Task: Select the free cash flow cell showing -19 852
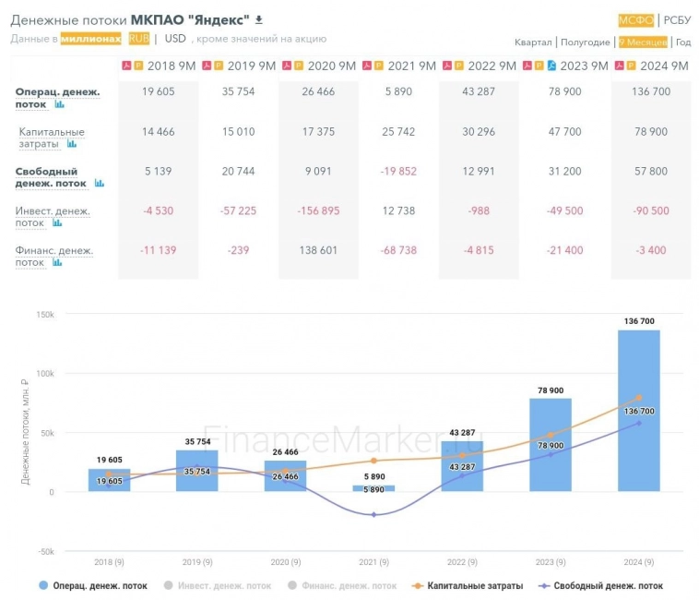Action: tap(397, 172)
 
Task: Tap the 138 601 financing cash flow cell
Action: tap(317, 251)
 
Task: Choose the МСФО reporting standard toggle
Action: tap(636, 20)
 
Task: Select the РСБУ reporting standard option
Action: tap(677, 20)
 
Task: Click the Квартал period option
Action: tap(533, 42)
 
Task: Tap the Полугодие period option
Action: tap(586, 42)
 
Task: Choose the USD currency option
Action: tap(175, 39)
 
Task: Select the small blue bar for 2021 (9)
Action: tap(373, 488)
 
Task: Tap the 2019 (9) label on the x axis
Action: tap(196, 562)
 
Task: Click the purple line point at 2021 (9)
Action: tap(373, 515)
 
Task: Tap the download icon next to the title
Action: tap(259, 19)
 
